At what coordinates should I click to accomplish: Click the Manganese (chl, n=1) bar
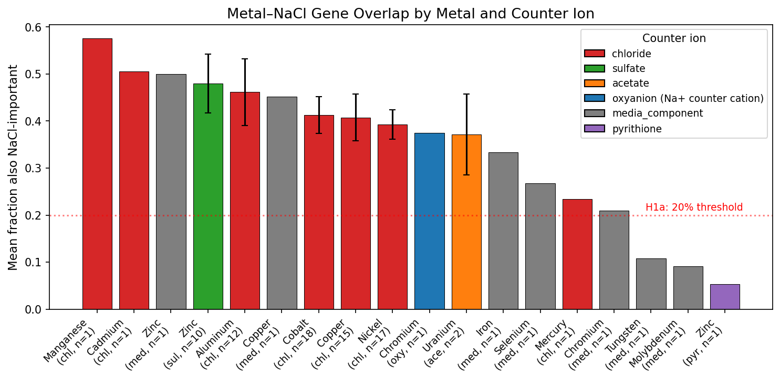(97, 174)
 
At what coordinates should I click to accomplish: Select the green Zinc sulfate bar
(208, 196)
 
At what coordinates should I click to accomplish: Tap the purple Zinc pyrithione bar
(725, 297)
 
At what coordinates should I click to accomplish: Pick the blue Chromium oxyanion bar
(429, 221)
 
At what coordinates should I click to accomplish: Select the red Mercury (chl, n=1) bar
(577, 254)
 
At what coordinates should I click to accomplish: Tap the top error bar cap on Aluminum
(245, 59)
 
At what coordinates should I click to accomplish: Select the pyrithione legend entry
(636, 129)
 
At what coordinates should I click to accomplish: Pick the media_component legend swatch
(595, 113)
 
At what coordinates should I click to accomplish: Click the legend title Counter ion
(674, 38)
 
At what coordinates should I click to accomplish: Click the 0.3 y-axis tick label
(35, 168)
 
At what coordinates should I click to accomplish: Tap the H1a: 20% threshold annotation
(694, 207)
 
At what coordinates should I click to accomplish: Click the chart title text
(410, 14)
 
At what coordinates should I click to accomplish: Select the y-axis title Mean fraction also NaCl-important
(14, 168)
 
